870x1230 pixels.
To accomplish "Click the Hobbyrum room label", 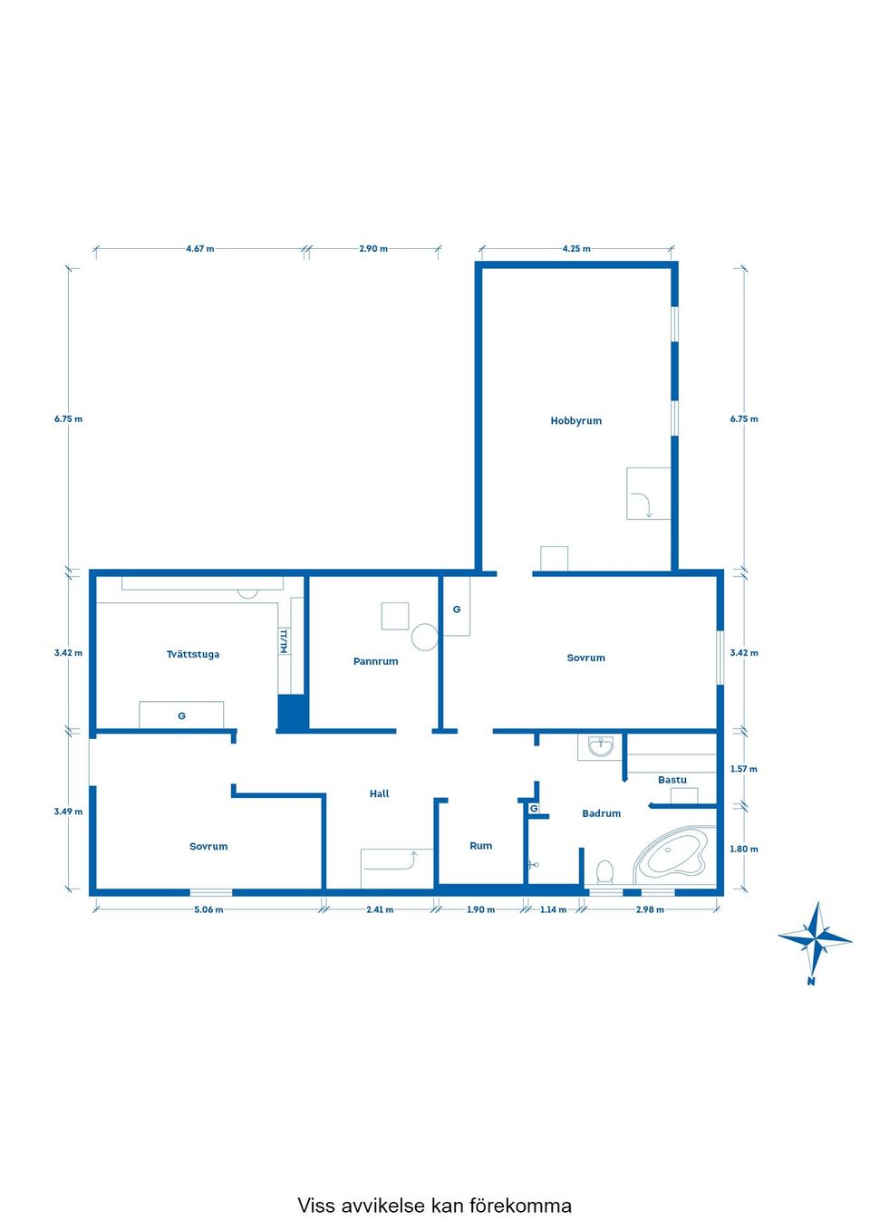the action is tap(575, 420).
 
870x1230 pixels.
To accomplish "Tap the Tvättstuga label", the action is tap(193, 654).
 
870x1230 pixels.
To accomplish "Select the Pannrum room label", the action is tap(376, 661).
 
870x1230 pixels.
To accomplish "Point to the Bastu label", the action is tap(672, 780).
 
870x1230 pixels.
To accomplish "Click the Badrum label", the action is tap(602, 813).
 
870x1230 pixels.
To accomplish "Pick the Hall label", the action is tap(379, 793).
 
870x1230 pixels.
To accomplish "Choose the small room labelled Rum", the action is tap(480, 846).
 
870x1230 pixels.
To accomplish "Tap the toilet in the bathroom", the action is tap(604, 871).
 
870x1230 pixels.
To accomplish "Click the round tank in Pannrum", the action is tap(424, 637).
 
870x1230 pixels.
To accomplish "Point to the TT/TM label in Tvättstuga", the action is tap(284, 640).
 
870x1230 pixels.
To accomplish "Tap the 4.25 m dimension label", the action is tap(576, 249).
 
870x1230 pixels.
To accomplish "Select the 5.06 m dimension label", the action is tap(208, 909).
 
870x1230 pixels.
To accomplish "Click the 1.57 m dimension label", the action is tap(744, 769).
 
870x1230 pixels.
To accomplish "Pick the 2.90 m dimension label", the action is tap(373, 249).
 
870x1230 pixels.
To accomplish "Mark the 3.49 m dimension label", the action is tap(68, 812).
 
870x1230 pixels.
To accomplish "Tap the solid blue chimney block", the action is tap(292, 712).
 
